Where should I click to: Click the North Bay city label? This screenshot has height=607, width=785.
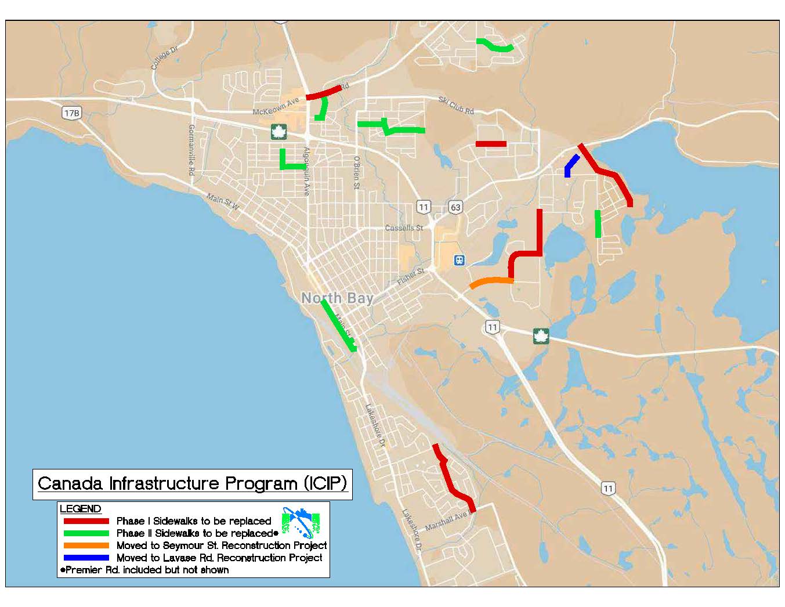[337, 298]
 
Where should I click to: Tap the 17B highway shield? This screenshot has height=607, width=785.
[71, 113]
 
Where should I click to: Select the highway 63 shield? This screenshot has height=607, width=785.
[455, 207]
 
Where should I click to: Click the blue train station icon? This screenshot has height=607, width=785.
[460, 260]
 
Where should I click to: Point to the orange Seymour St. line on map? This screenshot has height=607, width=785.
[491, 282]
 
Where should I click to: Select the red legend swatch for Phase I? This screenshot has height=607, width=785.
[86, 521]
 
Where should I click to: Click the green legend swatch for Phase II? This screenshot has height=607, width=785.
[86, 533]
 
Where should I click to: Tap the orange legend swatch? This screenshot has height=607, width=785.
[86, 545]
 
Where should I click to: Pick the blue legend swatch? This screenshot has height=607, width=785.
[86, 558]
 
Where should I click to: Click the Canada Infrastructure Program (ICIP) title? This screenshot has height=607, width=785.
[192, 483]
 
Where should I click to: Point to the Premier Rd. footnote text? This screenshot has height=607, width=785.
[145, 570]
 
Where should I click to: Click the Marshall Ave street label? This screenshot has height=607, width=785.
[446, 522]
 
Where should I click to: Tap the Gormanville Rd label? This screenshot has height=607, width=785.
[191, 150]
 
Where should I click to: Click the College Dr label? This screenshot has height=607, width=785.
[164, 59]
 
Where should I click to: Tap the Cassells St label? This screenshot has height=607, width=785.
[404, 228]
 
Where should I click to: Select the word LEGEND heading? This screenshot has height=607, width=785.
[81, 509]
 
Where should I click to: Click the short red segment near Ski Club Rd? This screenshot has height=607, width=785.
[491, 144]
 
